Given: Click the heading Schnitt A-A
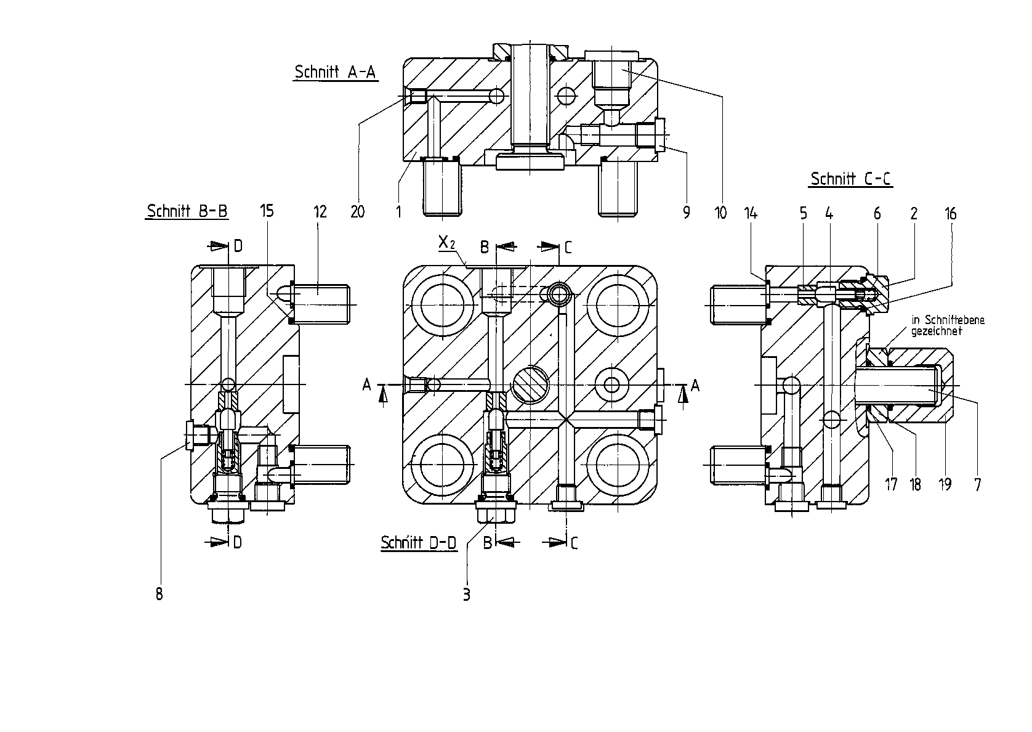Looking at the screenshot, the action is tap(336, 72).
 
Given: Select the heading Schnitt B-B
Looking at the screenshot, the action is tap(187, 211).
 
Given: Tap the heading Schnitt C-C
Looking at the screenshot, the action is tap(850, 179).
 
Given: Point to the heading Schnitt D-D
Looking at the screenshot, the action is tap(418, 543).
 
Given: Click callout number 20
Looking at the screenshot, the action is tap(358, 212).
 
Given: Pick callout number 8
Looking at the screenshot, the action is tap(159, 595).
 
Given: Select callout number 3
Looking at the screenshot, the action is tap(467, 595).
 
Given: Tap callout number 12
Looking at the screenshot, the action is tap(320, 211).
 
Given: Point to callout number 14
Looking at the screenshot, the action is tap(751, 213).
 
